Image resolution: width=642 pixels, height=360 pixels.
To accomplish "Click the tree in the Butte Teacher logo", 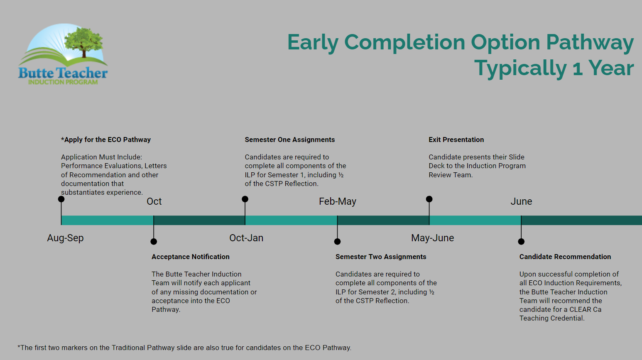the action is point(83,42).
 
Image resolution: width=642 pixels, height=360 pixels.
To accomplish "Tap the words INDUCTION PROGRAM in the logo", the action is point(63,82).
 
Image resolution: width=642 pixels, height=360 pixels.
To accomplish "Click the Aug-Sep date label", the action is point(65,238).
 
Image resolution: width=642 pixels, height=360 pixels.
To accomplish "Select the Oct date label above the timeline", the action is point(154,201).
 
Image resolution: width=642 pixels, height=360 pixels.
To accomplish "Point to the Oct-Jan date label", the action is point(246,238).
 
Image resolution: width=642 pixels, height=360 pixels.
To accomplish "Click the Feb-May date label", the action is point(338,201).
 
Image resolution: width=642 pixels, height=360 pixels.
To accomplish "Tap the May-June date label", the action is point(432,238).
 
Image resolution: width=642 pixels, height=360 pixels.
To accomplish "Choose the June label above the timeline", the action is point(521,201).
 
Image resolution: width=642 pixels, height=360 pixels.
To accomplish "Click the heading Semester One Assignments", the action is point(290,140).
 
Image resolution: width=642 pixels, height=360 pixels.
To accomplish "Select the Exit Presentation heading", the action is point(456,140).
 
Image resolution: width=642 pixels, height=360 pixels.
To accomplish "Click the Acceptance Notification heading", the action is point(191,257).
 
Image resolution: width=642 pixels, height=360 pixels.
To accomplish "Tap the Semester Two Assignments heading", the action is point(381,257).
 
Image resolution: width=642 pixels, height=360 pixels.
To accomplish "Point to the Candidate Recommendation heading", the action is point(565,257).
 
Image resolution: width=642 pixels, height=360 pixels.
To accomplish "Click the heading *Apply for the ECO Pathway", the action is point(106,140).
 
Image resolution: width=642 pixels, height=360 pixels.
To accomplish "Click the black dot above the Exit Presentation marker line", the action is point(429,199).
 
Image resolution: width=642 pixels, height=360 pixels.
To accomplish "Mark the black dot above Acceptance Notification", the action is point(154,242).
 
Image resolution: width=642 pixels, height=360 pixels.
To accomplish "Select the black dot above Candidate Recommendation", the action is point(521,242).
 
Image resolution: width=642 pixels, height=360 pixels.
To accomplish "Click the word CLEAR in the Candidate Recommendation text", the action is point(580,310).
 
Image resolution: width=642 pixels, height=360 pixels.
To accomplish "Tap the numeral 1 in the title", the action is point(578,69).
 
